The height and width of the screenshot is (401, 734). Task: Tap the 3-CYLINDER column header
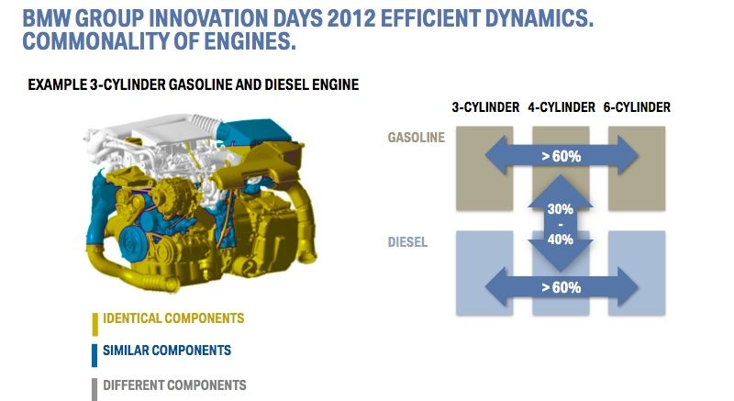tap(485, 107)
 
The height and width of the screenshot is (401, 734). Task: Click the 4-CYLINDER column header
tap(562, 107)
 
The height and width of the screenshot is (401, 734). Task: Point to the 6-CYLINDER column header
tap(637, 107)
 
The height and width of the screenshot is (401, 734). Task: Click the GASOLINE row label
tap(417, 137)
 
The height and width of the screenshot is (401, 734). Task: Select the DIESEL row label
tap(407, 242)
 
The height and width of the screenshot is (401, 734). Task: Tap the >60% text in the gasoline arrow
tap(561, 156)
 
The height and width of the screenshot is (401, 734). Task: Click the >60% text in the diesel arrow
tap(561, 287)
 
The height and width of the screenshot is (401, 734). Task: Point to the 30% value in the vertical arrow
tap(561, 208)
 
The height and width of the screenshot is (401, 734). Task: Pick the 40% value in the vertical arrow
tap(561, 239)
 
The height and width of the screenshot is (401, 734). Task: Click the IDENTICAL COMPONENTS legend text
tap(173, 318)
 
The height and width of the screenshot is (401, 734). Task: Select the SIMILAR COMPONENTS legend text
tap(167, 350)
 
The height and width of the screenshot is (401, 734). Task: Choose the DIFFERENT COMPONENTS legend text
tap(174, 385)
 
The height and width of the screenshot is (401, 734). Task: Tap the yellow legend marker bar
tap(95, 324)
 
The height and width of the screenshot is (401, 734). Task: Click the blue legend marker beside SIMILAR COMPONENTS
tap(95, 356)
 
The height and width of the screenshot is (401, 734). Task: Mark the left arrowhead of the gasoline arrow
tap(497, 155)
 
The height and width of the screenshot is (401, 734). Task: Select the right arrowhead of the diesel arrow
tap(627, 287)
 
